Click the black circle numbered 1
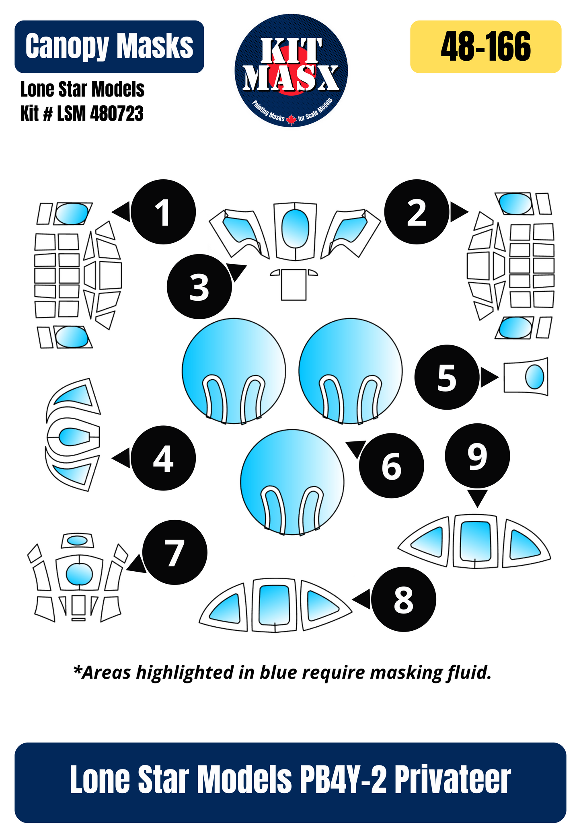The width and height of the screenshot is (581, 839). pyautogui.click(x=163, y=212)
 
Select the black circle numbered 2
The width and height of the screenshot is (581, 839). pyautogui.click(x=417, y=212)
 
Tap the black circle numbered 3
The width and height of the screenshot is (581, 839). pyautogui.click(x=199, y=287)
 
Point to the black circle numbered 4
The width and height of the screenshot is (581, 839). pyautogui.click(x=163, y=458)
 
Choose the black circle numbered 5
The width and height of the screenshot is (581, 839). pyautogui.click(x=447, y=377)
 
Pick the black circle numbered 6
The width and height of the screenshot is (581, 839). pyautogui.click(x=392, y=466)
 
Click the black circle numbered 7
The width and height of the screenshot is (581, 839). pyautogui.click(x=175, y=552)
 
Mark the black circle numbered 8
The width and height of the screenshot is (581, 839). pyautogui.click(x=403, y=599)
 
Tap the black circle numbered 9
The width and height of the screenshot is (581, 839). pyautogui.click(x=477, y=456)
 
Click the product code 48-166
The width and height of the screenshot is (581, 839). pyautogui.click(x=486, y=47)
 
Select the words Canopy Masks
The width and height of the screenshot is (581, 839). pyautogui.click(x=109, y=47)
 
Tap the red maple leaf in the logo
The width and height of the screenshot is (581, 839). pyautogui.click(x=291, y=119)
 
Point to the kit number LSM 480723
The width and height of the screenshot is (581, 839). pyautogui.click(x=82, y=114)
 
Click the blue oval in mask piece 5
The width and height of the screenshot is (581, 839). pyautogui.click(x=534, y=377)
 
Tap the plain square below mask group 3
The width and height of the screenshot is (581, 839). pyautogui.click(x=294, y=285)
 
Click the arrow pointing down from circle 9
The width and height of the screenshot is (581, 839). pyautogui.click(x=477, y=498)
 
